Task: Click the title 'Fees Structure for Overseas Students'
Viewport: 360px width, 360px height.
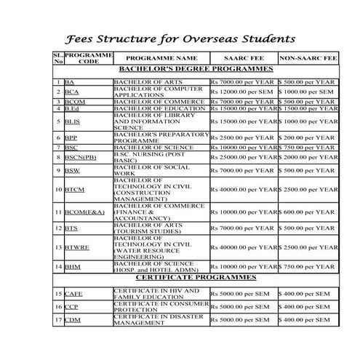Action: click(x=180, y=37)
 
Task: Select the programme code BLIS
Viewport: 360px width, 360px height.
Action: click(x=72, y=121)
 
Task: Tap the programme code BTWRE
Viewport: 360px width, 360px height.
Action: click(x=76, y=247)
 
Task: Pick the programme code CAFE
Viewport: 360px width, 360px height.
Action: click(x=73, y=294)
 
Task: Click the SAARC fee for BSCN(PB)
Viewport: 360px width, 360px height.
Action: click(x=244, y=156)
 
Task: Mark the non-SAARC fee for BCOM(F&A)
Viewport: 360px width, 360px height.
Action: click(x=308, y=212)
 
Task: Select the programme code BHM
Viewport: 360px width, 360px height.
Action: click(x=72, y=267)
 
